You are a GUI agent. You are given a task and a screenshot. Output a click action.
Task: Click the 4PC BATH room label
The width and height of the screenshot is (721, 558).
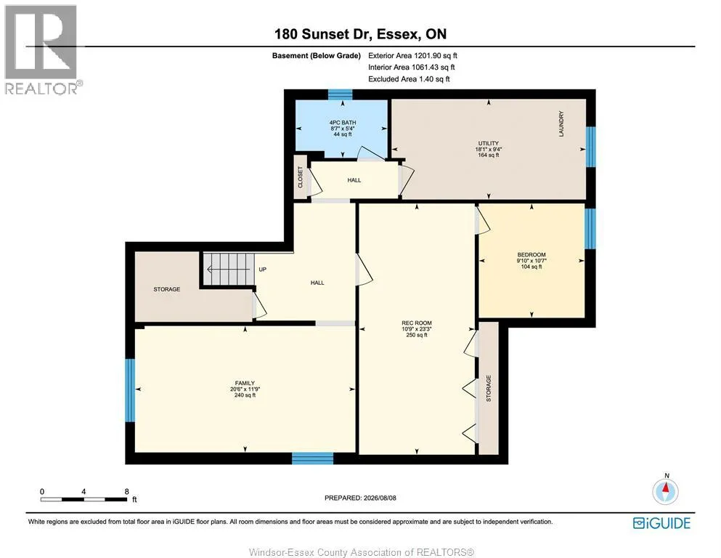[x=343, y=123]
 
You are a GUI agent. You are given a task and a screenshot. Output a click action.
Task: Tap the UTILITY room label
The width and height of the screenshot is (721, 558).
[x=489, y=143]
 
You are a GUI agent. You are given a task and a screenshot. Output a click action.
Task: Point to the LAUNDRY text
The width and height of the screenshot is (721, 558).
[x=561, y=124]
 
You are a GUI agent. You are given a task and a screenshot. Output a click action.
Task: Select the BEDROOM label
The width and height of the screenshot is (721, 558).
[x=531, y=254]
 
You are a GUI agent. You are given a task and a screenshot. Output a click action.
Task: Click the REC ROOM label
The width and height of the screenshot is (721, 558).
[x=417, y=323]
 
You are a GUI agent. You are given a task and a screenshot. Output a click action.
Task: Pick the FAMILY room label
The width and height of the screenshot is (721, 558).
[x=245, y=383]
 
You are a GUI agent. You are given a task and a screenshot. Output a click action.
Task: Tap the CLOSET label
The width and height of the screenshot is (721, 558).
[x=301, y=177]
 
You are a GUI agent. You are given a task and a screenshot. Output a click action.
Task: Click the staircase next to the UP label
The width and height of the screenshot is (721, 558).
[x=229, y=269]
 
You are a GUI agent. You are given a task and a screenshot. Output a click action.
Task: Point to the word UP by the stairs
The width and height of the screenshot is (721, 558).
[x=263, y=269]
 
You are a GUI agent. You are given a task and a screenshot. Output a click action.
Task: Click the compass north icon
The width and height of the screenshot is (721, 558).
[x=665, y=491]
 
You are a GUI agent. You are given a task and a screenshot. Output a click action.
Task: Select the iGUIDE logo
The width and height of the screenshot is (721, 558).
[x=661, y=523]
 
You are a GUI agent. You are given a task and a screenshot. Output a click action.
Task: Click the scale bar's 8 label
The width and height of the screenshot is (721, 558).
[x=126, y=491]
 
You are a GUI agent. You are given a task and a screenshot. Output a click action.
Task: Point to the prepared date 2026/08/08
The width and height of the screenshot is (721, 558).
[x=380, y=498]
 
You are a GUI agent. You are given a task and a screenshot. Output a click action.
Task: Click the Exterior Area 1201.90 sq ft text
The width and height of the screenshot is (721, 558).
[x=412, y=56]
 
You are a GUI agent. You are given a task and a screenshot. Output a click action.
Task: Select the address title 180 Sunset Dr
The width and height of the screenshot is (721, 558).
[x=324, y=34]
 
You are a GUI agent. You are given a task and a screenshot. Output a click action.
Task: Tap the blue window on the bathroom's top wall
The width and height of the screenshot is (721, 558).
[x=341, y=94]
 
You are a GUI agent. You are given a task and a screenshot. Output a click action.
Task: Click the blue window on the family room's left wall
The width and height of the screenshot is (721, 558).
[x=130, y=390]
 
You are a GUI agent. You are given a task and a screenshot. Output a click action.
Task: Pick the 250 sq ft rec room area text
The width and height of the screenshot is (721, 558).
[x=417, y=335]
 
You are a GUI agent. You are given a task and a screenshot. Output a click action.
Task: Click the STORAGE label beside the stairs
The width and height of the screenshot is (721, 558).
[x=166, y=289]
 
